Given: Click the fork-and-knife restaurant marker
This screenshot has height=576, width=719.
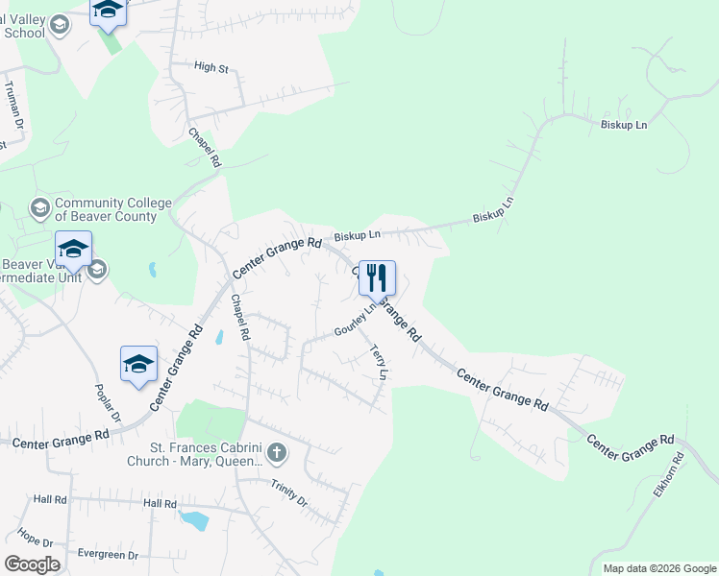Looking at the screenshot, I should tap(377, 278).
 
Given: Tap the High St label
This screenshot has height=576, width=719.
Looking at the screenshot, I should tap(211, 67).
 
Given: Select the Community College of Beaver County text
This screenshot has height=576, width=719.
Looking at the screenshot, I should tap(113, 209).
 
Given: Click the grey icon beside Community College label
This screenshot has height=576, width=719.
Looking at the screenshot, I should tap(39, 207).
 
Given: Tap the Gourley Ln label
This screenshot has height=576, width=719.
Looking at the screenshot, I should tap(355, 320).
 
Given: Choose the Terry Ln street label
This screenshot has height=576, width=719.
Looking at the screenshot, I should tap(379, 363).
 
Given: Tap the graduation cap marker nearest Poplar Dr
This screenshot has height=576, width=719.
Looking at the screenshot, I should tap(138, 365).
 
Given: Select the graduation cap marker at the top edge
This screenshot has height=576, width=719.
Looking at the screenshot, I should tap(108, 10).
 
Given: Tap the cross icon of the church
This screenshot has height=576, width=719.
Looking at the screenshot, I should tap(277, 452).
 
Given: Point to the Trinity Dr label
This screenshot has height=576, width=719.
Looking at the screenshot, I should tap(288, 493).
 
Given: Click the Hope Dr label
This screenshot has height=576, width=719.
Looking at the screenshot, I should tap(35, 538).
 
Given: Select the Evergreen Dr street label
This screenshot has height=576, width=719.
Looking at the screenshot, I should tap(108, 555).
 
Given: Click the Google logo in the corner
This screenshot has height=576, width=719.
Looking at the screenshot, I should tap(32, 564).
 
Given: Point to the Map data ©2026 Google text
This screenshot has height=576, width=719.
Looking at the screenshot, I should tap(659, 568).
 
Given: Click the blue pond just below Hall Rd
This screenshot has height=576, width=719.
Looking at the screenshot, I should tap(194, 520).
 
